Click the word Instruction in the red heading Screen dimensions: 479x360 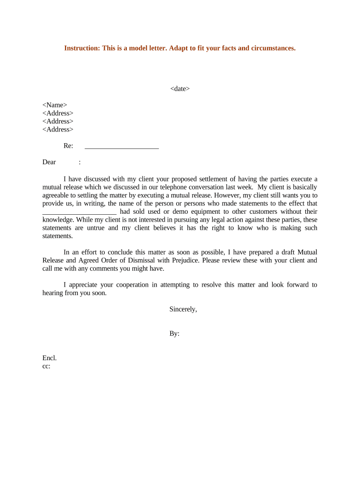tap(80, 48)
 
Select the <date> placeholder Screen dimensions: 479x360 tap(180, 88)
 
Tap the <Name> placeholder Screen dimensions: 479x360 tap(55, 105)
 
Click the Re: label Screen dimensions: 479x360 tap(68, 146)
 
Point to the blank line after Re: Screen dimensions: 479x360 tap(122, 146)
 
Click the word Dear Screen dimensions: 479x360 tap(49, 162)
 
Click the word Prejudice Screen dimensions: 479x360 tap(179, 260)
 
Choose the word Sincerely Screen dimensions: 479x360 tap(183, 309)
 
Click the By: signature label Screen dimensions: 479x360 tap(174, 334)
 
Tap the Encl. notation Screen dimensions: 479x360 tap(50, 358)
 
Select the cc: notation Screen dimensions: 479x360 tap(46, 366)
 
